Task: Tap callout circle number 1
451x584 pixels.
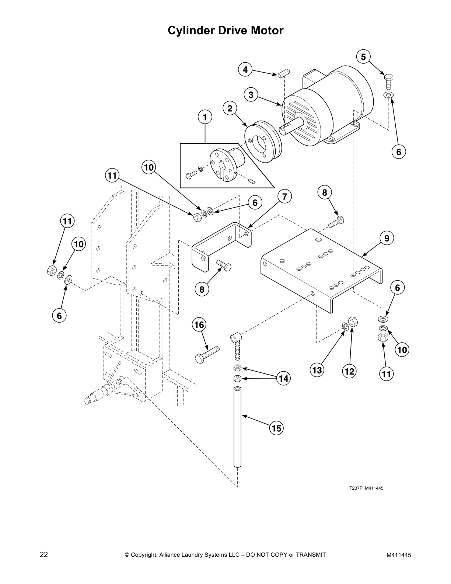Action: click(x=205, y=117)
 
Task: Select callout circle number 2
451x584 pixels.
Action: click(x=230, y=108)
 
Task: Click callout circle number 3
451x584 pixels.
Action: click(x=251, y=95)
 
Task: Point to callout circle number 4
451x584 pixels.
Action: click(x=245, y=69)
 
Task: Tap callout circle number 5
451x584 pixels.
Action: click(x=363, y=57)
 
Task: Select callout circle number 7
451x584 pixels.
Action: click(x=284, y=197)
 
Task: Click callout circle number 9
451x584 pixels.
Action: click(x=387, y=239)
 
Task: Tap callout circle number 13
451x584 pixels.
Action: click(x=317, y=370)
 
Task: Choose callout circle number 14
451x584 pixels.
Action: click(x=283, y=379)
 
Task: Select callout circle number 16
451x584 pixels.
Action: click(x=199, y=325)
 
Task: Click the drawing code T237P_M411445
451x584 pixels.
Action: click(x=366, y=488)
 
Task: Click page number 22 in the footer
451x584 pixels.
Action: click(x=43, y=555)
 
